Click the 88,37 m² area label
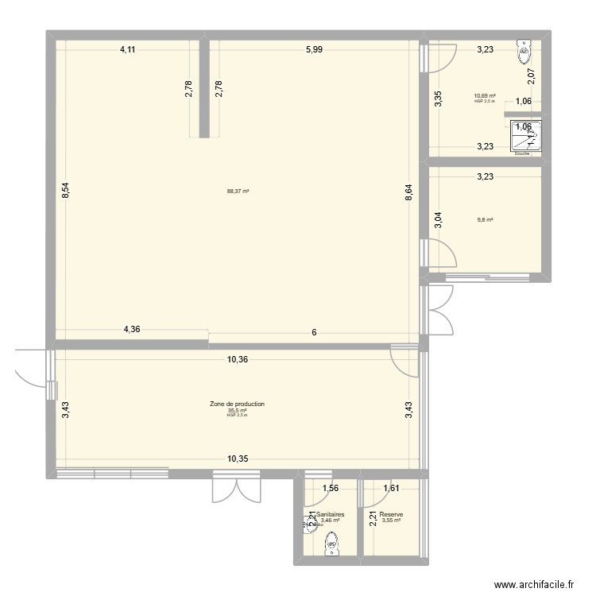(x=238, y=191)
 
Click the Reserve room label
(x=391, y=515)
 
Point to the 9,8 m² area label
(x=485, y=220)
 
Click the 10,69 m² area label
(x=485, y=95)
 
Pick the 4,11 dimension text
(x=128, y=50)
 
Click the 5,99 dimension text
(x=314, y=50)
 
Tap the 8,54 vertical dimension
(x=67, y=191)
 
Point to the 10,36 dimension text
(x=238, y=359)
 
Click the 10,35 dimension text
(x=238, y=459)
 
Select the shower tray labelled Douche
(x=525, y=137)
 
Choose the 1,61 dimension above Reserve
(x=391, y=489)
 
